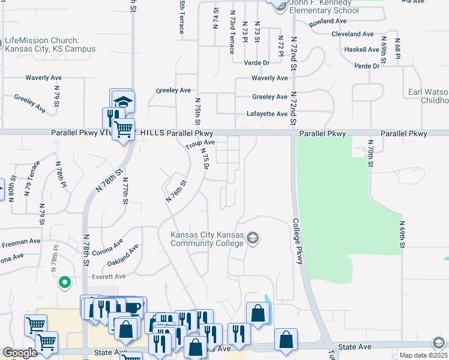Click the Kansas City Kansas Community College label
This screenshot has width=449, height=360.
pyautogui.click(x=207, y=239)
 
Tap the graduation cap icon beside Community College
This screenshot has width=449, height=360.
pyautogui.click(x=253, y=239)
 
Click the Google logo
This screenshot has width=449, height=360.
pyautogui.click(x=20, y=353)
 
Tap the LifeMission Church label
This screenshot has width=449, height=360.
pyautogui.click(x=49, y=44)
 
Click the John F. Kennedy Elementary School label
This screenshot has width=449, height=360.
pyautogui.click(x=324, y=7)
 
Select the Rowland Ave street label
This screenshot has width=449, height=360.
pyautogui.click(x=328, y=21)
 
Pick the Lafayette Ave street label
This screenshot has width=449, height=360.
pyautogui.click(x=267, y=114)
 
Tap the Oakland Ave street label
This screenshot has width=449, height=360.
pyautogui.click(x=123, y=254)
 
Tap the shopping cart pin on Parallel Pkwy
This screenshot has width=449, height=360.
pyautogui.click(x=124, y=128)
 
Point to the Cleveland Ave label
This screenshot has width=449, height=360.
pyautogui.click(x=352, y=34)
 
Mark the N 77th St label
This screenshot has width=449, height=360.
pyautogui.click(x=125, y=191)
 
